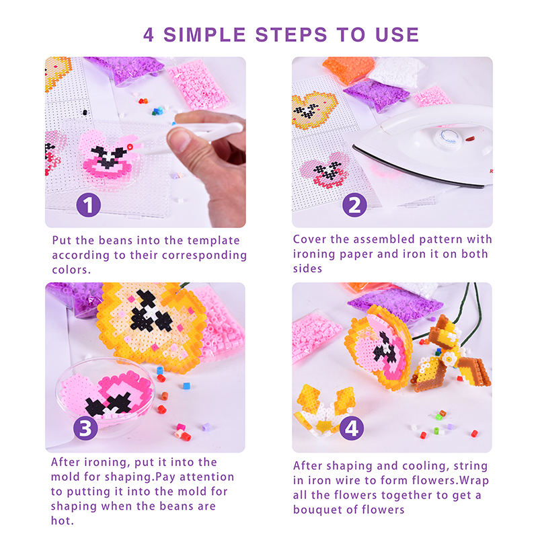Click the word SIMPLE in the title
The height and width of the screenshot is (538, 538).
click(x=205, y=35)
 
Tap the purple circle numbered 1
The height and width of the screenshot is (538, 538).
click(x=89, y=205)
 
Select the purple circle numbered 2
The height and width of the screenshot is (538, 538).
click(x=354, y=205)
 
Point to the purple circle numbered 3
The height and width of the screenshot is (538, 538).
click(x=86, y=428)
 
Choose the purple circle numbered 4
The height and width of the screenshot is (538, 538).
click(x=352, y=428)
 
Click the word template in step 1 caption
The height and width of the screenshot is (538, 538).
click(x=213, y=241)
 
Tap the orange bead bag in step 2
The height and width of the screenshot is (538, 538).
click(x=348, y=69)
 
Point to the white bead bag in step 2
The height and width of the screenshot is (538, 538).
click(x=395, y=72)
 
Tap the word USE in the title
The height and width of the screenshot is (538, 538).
click(x=397, y=35)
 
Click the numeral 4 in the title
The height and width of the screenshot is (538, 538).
click(x=148, y=35)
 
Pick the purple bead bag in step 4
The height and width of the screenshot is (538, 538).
click(x=395, y=304)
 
